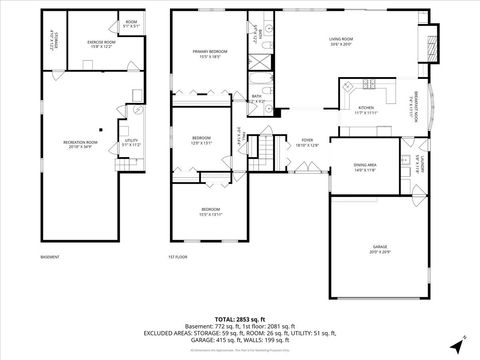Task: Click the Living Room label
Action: point(342,41)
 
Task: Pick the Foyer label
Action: point(307,142)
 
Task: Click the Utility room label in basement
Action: point(130,143)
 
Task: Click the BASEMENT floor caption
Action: point(49,257)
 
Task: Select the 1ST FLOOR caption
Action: point(178,257)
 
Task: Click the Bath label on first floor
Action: point(257,98)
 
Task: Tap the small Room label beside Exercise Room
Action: point(131,23)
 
